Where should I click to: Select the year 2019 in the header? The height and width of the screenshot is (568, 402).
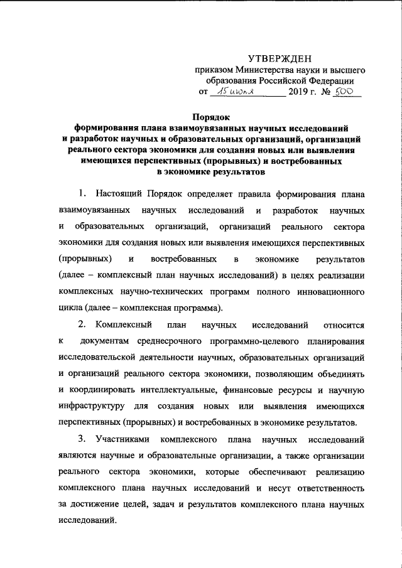coord(298,92)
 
